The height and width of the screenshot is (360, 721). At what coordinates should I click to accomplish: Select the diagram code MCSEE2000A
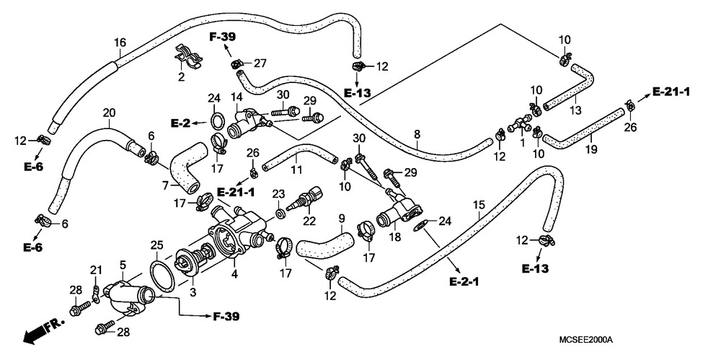coord(585,340)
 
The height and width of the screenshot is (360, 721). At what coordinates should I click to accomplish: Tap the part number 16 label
coord(120,43)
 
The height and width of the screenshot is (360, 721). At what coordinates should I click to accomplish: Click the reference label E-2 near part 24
coord(180,123)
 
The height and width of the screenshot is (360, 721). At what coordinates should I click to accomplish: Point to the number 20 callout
coord(110,113)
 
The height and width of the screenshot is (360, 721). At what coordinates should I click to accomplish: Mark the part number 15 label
coord(479,204)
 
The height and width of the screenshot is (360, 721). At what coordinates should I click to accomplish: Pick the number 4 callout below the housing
coord(234,274)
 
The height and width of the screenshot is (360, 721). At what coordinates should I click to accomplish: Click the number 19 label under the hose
coord(591,149)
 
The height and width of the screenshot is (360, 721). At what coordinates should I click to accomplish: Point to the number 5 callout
coord(123,265)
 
